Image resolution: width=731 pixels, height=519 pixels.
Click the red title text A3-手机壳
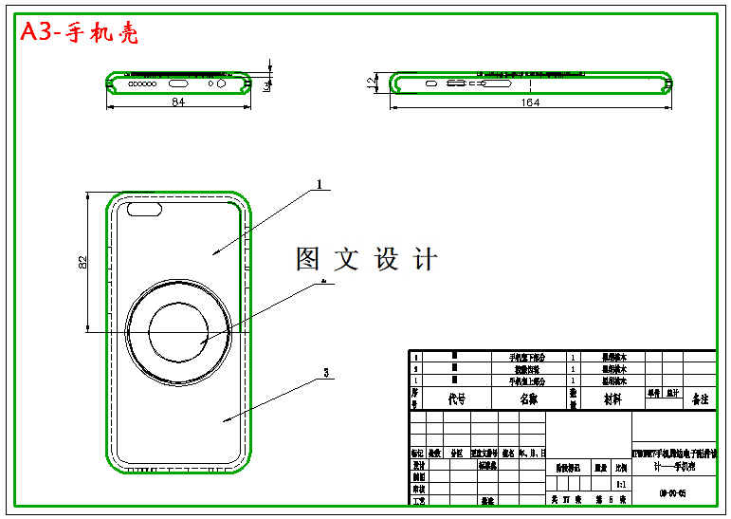[x=80, y=33]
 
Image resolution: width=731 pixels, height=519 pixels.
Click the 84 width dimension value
[x=177, y=102]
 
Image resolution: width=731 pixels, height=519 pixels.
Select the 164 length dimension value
[x=530, y=102]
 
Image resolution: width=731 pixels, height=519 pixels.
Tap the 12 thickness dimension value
[x=372, y=83]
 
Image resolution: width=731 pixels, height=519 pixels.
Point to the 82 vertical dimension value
[x=83, y=262]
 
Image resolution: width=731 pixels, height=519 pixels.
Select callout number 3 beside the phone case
[x=326, y=373]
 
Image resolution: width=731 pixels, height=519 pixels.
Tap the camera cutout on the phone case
[x=144, y=209]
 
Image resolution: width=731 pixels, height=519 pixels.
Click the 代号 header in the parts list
[x=456, y=399]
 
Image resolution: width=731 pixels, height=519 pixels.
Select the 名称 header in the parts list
[x=527, y=399]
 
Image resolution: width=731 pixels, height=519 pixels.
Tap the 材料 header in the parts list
[x=613, y=399]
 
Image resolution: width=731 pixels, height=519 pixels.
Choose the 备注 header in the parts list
[x=700, y=399]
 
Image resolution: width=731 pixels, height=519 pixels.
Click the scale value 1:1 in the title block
[x=620, y=483]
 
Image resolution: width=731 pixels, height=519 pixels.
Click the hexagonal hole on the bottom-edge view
[x=222, y=83]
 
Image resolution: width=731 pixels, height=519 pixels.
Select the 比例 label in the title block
[x=620, y=467]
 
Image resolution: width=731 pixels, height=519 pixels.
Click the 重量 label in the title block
[x=599, y=467]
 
